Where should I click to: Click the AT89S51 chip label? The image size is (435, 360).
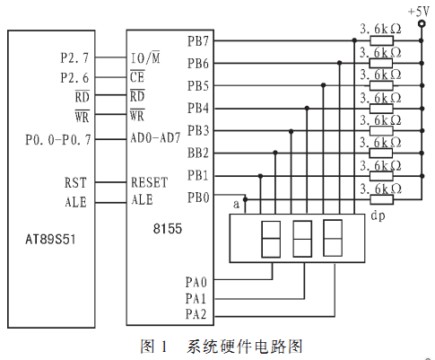pyautogui.click(x=50, y=240)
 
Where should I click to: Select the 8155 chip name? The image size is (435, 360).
pyautogui.click(x=168, y=229)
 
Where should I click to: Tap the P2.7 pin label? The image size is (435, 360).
pyautogui.click(x=74, y=57)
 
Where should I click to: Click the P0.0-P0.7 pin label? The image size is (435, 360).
pyautogui.click(x=58, y=140)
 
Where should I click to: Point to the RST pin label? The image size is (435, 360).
pyautogui.click(x=75, y=182)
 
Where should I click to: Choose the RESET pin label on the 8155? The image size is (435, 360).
pyautogui.click(x=150, y=182)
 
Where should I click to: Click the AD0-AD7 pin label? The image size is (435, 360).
pyautogui.click(x=155, y=138)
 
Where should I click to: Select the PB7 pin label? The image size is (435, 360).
pyautogui.click(x=197, y=41)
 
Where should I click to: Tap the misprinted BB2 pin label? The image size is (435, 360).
pyautogui.click(x=197, y=153)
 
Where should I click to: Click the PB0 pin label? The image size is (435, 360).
pyautogui.click(x=198, y=198)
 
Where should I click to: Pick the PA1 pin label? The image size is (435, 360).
pyautogui.click(x=196, y=298)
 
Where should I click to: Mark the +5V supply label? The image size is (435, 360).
pyautogui.click(x=419, y=12)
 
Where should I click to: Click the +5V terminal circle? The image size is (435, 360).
pyautogui.click(x=422, y=23)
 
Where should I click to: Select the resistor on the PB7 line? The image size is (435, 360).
pyautogui.click(x=381, y=40)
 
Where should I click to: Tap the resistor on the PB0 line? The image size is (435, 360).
pyautogui.click(x=381, y=199)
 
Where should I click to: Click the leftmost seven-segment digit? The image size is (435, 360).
pyautogui.click(x=271, y=239)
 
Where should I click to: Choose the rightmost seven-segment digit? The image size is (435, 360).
pyautogui.click(x=333, y=238)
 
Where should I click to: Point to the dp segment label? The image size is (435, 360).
pyautogui.click(x=378, y=216)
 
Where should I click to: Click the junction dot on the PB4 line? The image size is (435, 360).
pyautogui.click(x=307, y=108)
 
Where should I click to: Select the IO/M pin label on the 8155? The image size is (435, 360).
pyautogui.click(x=145, y=57)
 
